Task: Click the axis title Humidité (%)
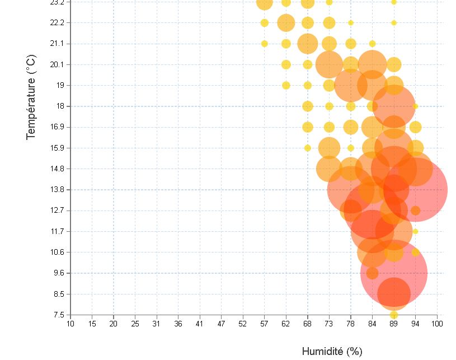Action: click(x=332, y=352)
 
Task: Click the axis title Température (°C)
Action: click(x=32, y=97)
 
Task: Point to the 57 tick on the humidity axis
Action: click(x=264, y=323)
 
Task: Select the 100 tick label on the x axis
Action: click(x=438, y=323)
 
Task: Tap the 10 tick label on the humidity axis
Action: click(x=70, y=323)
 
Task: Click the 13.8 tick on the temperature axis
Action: click(x=58, y=190)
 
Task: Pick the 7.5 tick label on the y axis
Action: click(x=58, y=315)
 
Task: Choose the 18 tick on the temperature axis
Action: click(x=60, y=106)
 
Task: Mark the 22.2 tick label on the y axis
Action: click(x=58, y=22)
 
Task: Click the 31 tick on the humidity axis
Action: click(x=157, y=323)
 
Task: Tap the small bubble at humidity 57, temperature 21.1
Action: click(x=265, y=44)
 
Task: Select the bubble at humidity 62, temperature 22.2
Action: click(x=286, y=23)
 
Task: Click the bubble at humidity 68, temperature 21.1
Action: click(x=308, y=44)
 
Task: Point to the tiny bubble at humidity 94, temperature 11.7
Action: click(x=415, y=231)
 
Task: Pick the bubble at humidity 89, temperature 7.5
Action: click(x=394, y=315)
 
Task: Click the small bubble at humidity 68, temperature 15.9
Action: click(x=308, y=148)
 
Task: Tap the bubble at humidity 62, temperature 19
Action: click(x=286, y=85)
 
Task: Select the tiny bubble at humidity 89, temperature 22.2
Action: click(x=394, y=23)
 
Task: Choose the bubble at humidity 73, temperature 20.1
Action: click(x=329, y=64)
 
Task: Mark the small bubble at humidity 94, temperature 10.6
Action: click(x=415, y=252)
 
